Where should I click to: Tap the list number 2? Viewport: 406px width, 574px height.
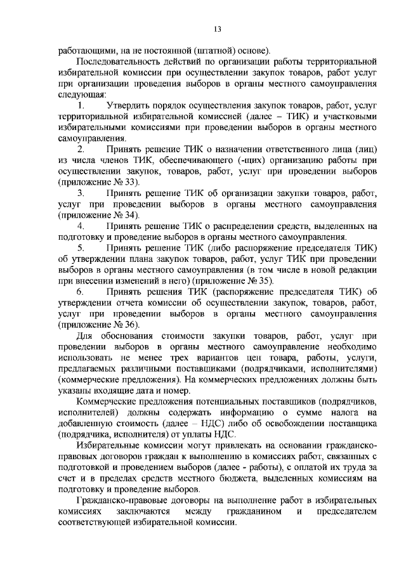(x=81, y=149)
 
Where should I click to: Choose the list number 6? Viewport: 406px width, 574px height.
(x=81, y=291)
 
